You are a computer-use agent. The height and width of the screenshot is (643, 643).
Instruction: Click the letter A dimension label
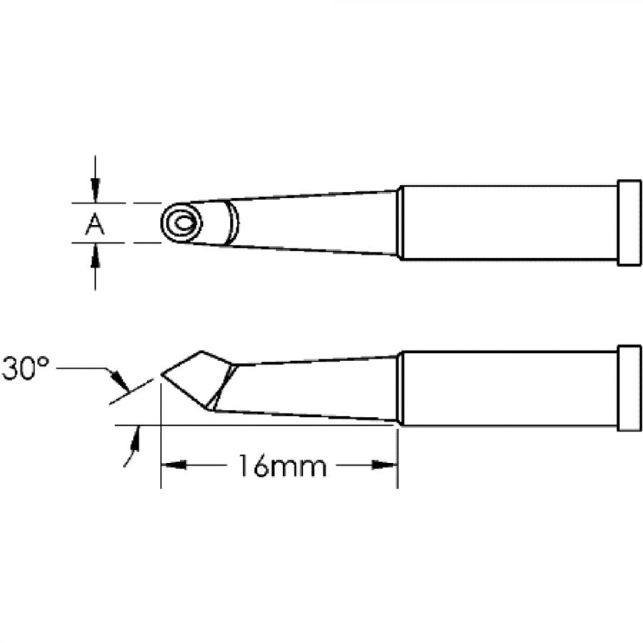[94, 226]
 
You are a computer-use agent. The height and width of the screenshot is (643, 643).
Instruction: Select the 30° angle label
[25, 369]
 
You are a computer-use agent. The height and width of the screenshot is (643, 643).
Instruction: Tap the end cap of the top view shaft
[629, 223]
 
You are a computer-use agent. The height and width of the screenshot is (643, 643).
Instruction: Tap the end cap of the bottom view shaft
[629, 388]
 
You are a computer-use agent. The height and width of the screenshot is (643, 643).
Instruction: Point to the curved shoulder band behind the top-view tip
[233, 222]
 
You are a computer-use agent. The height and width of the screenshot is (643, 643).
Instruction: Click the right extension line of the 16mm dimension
[397, 457]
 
